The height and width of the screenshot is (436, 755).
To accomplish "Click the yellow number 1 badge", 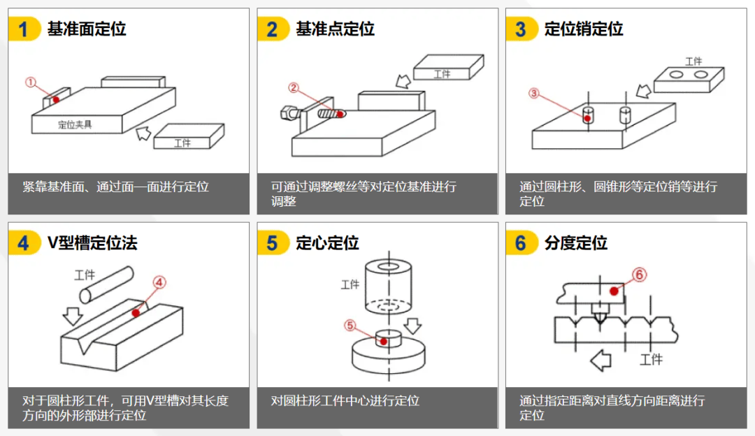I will [24, 29].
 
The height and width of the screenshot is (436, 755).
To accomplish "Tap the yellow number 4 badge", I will [24, 243].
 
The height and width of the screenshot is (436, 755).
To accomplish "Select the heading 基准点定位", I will [335, 29].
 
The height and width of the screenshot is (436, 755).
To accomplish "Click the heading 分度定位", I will [575, 243].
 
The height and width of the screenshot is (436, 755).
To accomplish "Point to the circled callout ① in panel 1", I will [30, 82].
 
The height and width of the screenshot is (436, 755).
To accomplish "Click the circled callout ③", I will [534, 93].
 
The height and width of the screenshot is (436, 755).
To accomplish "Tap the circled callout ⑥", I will [638, 275].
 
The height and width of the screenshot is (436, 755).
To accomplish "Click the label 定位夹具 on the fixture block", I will [75, 125].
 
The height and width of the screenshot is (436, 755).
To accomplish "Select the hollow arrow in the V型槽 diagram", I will [72, 316].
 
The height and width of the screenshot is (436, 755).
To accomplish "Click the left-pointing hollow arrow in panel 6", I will [601, 361].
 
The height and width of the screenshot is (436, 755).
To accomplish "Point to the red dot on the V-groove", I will [136, 312].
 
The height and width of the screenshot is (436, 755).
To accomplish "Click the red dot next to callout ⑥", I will [613, 291].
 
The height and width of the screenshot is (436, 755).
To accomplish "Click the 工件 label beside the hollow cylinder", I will [350, 284].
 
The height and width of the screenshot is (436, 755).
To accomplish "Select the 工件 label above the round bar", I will [85, 275].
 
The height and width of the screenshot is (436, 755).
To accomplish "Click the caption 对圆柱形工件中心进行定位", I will [345, 401].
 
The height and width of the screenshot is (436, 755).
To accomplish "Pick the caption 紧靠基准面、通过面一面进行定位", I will [115, 187].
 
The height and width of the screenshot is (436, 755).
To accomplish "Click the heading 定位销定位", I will [584, 29].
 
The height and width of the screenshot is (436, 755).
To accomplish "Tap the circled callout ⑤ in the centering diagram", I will [350, 325].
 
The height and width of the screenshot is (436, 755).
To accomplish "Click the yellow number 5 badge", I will [273, 243].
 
